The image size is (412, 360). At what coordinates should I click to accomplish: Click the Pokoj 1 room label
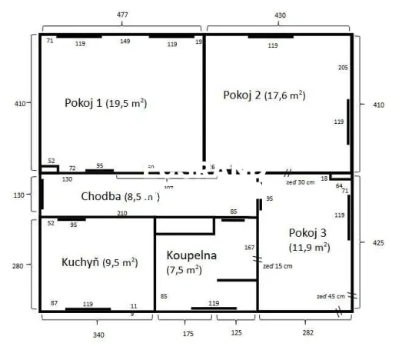106,103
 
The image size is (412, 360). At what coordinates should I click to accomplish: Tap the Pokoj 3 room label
309,239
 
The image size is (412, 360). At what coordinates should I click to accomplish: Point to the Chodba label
120,196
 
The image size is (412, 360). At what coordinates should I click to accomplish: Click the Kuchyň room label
99,262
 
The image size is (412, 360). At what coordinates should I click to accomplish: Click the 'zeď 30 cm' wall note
300,182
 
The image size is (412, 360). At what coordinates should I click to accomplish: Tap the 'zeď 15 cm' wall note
277,265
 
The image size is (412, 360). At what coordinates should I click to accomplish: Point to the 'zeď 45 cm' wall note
331,295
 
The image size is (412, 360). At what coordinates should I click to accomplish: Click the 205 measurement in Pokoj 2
343,68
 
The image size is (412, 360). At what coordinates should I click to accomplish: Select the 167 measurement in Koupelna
249,248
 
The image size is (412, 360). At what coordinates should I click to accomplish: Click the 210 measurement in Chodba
121,213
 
